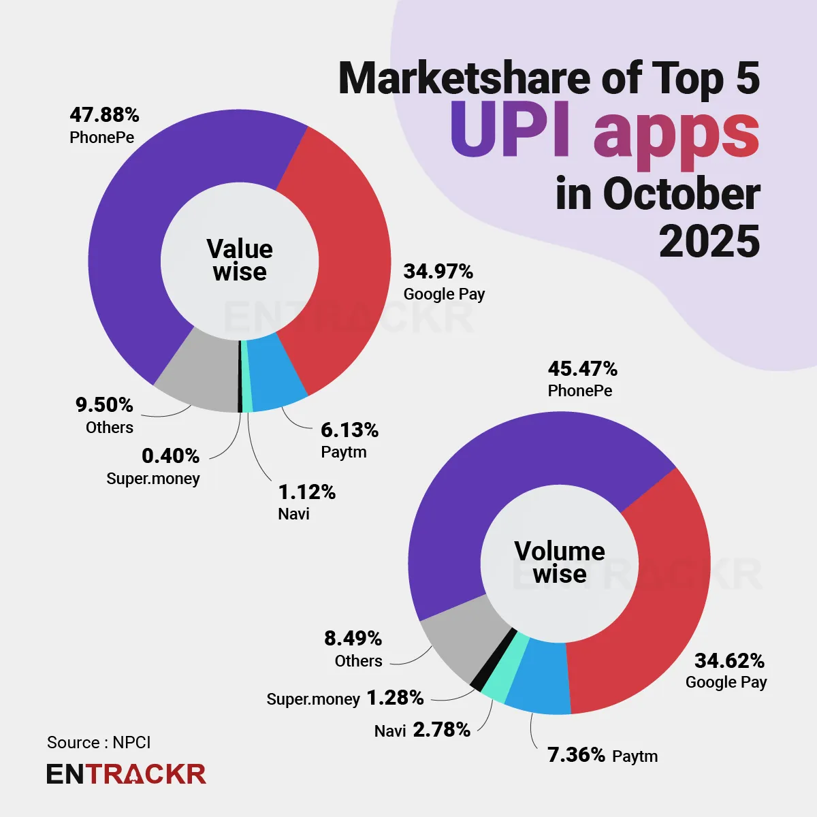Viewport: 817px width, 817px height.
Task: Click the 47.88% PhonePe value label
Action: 104,115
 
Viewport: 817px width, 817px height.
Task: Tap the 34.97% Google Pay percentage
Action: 438,272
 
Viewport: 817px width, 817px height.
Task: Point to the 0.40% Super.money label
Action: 170,455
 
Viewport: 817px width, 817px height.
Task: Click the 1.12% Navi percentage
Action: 306,492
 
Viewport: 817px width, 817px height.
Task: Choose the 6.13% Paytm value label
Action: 349,430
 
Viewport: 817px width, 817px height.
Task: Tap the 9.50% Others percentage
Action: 104,405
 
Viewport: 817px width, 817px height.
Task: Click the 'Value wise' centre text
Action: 240,260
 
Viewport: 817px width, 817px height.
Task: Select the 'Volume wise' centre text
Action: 560,562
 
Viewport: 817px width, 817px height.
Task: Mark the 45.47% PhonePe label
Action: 582,369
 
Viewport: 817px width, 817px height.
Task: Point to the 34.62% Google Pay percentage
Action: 729,660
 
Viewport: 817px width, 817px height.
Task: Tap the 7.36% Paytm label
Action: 576,754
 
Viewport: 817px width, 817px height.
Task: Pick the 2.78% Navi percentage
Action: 441,730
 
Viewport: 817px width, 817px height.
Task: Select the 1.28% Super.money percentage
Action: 395,698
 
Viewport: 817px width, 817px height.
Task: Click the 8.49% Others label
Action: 353,639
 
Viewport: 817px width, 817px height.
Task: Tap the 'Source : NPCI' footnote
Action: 99,742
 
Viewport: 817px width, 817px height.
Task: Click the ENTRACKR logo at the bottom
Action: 126,774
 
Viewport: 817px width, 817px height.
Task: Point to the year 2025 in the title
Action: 709,242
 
